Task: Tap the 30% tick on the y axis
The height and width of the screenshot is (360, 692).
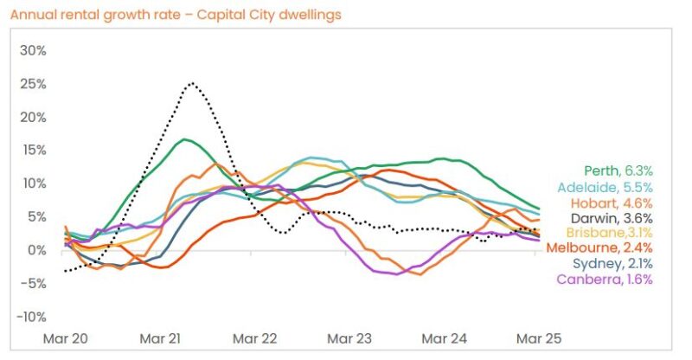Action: pos(32,50)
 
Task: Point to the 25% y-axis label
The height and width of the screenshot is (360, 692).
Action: pos(32,84)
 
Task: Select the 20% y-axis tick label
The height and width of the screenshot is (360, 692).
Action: pos(32,117)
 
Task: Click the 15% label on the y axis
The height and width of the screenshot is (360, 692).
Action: pos(32,150)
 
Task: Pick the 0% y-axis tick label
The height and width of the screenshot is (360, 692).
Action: pos(35,250)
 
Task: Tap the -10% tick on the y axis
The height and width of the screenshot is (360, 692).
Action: pos(30,317)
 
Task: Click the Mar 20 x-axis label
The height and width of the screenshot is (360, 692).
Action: pos(65,337)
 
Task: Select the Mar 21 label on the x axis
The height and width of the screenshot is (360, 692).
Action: pos(161,337)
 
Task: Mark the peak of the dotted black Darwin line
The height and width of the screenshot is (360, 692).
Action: pos(191,83)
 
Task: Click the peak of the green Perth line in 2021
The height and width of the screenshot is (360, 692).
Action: pos(185,138)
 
